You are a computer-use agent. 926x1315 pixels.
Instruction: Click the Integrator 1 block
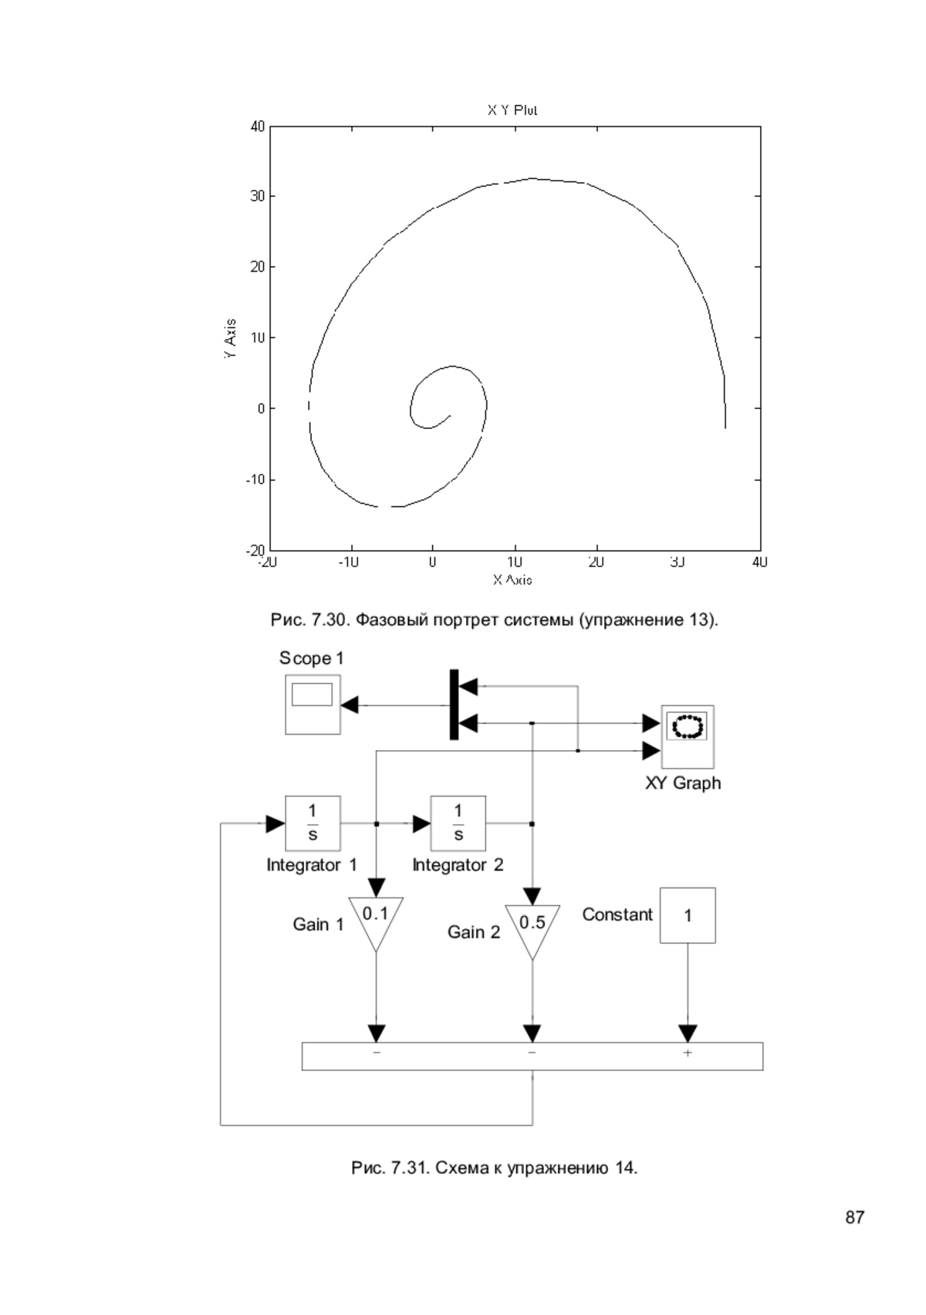click(x=313, y=823)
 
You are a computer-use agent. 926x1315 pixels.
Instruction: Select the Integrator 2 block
click(x=458, y=823)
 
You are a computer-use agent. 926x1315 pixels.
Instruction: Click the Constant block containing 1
click(x=688, y=915)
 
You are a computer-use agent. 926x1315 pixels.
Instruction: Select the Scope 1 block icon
click(x=313, y=705)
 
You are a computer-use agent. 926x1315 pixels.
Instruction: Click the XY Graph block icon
click(x=688, y=737)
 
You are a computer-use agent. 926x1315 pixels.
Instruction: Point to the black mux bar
click(x=454, y=705)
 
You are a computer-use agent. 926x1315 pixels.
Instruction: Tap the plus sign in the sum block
click(x=688, y=1053)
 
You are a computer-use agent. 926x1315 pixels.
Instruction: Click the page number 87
click(x=854, y=1218)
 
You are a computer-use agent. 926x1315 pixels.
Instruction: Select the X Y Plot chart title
click(x=512, y=110)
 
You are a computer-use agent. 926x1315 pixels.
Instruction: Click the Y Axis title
click(x=231, y=339)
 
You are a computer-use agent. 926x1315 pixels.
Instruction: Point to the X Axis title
click(x=512, y=580)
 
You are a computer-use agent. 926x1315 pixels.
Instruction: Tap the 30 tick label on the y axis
click(x=258, y=196)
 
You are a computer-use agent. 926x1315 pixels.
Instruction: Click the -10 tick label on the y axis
click(x=255, y=480)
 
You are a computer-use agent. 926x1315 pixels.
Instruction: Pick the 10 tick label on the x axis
click(x=515, y=562)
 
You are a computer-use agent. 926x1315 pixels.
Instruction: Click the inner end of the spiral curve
click(x=451, y=416)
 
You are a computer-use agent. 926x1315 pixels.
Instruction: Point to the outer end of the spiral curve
click(x=725, y=428)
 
